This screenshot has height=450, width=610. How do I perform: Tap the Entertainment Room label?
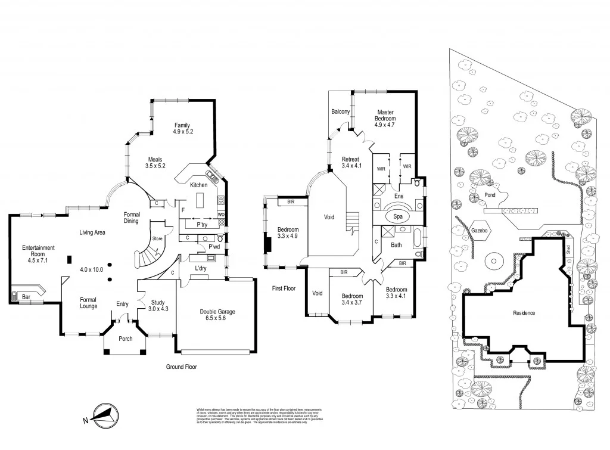(39, 248)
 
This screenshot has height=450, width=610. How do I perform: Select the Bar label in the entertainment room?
(26, 296)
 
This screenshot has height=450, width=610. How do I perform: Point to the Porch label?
(126, 339)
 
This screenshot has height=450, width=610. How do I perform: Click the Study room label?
(158, 302)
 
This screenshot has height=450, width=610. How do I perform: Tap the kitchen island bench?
(201, 198)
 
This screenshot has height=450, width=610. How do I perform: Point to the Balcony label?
(340, 111)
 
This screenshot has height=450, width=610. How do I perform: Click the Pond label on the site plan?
(490, 195)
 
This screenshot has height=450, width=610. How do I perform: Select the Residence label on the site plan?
(524, 313)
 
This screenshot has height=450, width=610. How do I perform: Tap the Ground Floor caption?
(181, 367)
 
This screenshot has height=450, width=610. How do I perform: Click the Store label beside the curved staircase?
(157, 238)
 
